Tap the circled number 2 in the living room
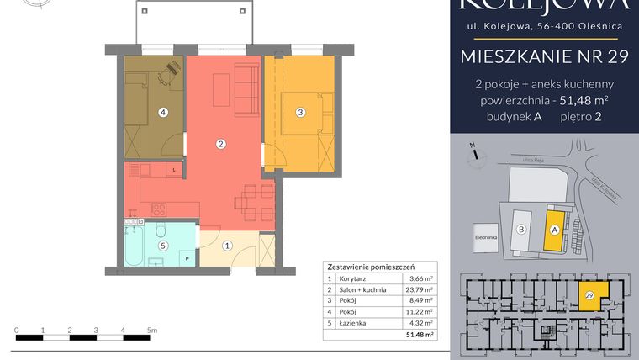click(x=220, y=144)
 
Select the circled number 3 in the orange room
click(x=299, y=112)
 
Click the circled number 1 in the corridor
click(x=227, y=246)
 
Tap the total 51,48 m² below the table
click(x=419, y=335)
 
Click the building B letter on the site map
click(x=521, y=229)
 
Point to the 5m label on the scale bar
click(x=151, y=331)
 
